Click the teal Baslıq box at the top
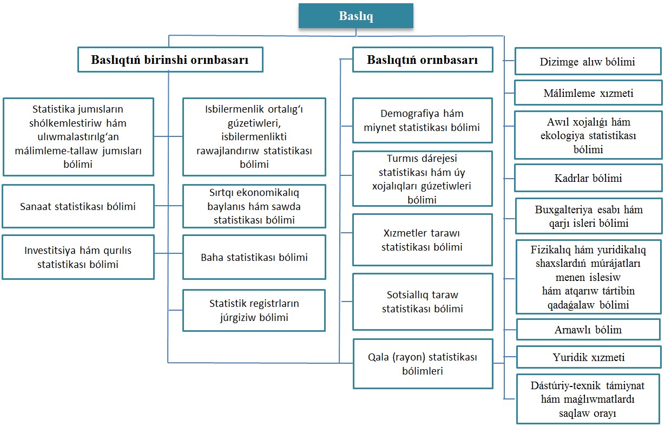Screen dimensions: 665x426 [355, 16]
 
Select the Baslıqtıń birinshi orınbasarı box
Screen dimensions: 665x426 [170, 60]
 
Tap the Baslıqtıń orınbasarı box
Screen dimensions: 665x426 [423, 60]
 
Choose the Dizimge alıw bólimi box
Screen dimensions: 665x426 [588, 61]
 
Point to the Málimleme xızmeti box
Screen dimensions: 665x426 [588, 93]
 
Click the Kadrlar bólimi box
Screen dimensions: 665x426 [588, 178]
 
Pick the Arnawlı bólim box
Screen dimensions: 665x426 [588, 330]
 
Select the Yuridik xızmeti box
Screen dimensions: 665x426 [588, 357]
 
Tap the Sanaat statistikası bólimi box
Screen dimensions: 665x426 [78, 206]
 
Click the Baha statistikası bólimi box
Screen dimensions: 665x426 [254, 257]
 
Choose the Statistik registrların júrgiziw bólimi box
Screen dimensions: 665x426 [254, 310]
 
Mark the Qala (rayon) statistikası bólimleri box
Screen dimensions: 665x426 [423, 364]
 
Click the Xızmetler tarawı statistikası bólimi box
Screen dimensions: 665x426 [423, 240]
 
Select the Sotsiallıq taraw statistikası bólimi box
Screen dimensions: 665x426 [423, 302]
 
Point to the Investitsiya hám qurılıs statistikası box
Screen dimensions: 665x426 [78, 257]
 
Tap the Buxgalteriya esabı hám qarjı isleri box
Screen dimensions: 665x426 [589, 216]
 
